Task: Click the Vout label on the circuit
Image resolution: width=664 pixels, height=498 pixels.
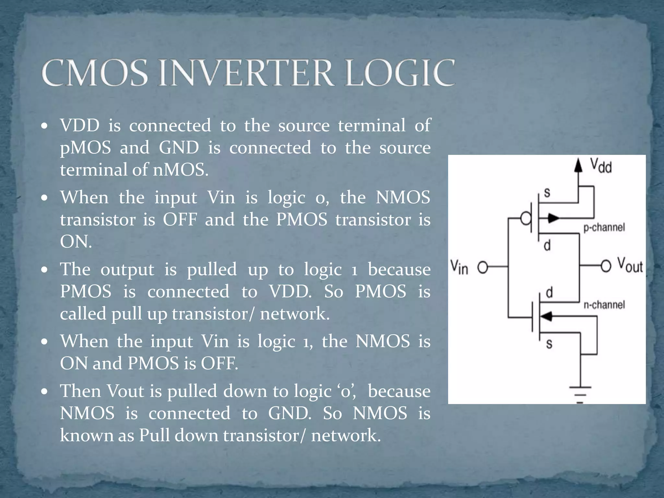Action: pyautogui.click(x=630, y=265)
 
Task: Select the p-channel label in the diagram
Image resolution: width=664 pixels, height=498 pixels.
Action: pyautogui.click(x=604, y=227)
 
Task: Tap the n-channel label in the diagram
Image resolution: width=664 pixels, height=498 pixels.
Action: pyautogui.click(x=604, y=305)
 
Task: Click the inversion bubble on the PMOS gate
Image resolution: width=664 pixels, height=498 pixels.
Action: pyautogui.click(x=526, y=219)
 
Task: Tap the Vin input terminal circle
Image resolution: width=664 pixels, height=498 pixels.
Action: pyautogui.click(x=483, y=267)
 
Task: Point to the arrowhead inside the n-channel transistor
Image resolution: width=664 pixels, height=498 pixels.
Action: pyautogui.click(x=547, y=316)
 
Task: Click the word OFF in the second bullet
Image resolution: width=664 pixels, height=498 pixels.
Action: pyautogui.click(x=180, y=219)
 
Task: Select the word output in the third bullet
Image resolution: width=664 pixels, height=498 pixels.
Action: pyautogui.click(x=127, y=269)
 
